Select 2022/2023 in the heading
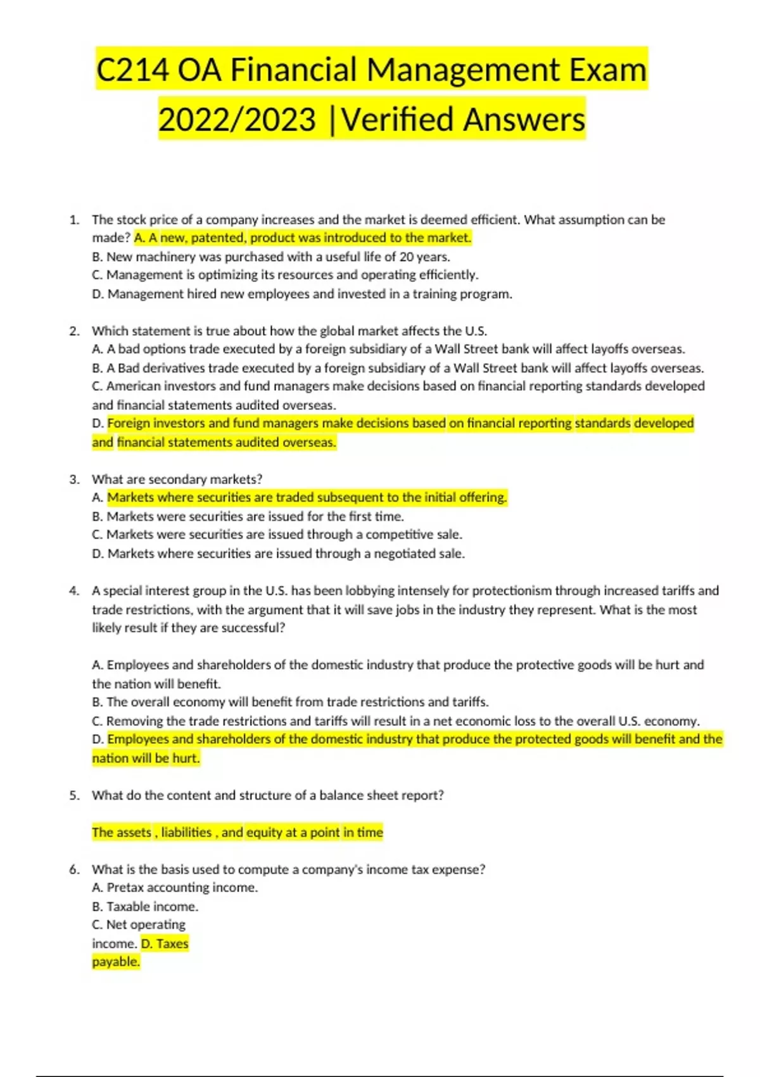coord(237,120)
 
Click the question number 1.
coord(74,220)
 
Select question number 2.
coord(74,331)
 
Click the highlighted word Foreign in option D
coord(129,423)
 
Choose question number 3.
coord(74,480)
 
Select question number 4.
coord(74,591)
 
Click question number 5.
coord(74,796)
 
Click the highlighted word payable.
coord(115,962)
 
